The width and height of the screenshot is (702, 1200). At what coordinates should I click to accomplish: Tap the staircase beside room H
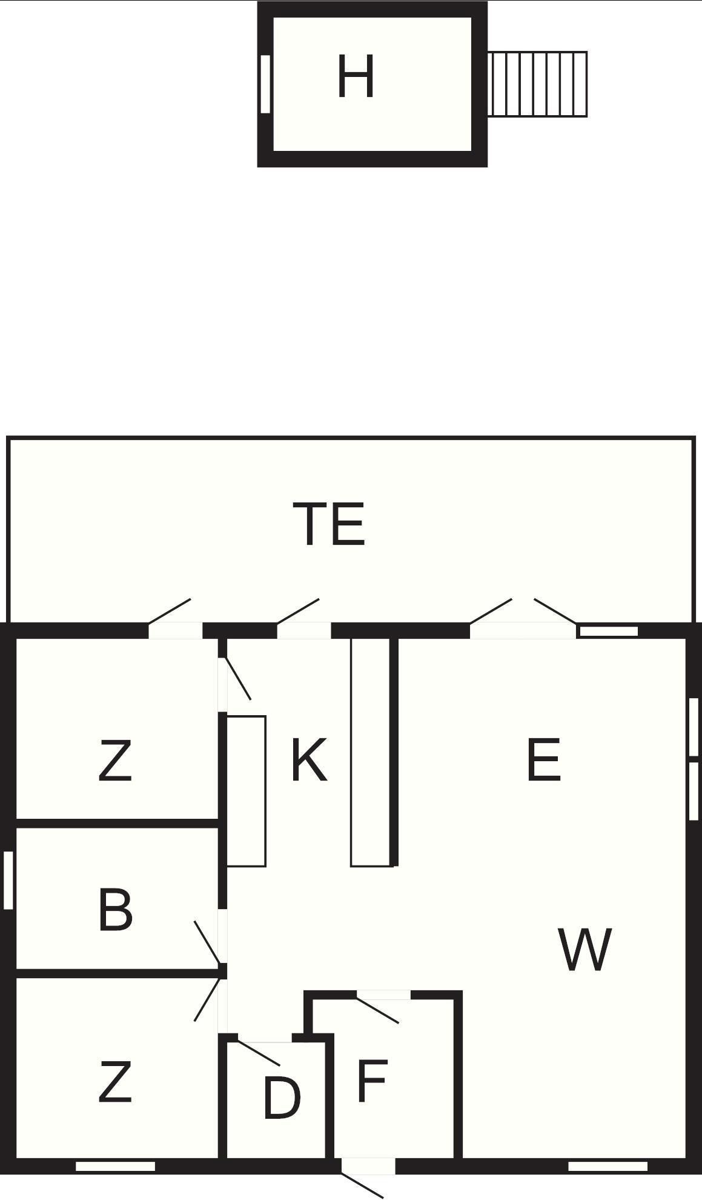tap(537, 84)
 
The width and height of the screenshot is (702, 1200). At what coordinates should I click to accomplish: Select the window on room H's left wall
tap(265, 84)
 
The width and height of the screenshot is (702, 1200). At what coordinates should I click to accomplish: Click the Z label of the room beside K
tap(115, 762)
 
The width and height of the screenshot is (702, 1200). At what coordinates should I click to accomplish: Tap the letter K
tap(309, 760)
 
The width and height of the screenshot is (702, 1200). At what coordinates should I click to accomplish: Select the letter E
tap(544, 760)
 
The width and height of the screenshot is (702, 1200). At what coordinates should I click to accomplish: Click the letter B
tap(115, 910)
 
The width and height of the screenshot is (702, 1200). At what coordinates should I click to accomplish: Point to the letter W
tap(584, 949)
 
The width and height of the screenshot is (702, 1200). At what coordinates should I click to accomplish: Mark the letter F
tap(371, 1081)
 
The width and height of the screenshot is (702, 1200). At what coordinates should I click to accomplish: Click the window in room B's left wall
tap(8, 880)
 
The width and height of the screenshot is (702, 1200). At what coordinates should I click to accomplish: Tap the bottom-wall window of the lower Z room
tap(115, 1166)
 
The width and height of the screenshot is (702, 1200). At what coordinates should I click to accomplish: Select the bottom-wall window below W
tap(608, 1166)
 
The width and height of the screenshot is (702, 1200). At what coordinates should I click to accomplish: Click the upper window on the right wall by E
tap(694, 727)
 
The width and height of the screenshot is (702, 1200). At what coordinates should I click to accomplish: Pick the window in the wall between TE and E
tap(608, 631)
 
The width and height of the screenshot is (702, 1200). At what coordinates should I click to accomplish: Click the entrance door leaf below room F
tap(362, 1185)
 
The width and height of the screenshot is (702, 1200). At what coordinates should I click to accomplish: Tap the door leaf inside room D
tap(259, 1053)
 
